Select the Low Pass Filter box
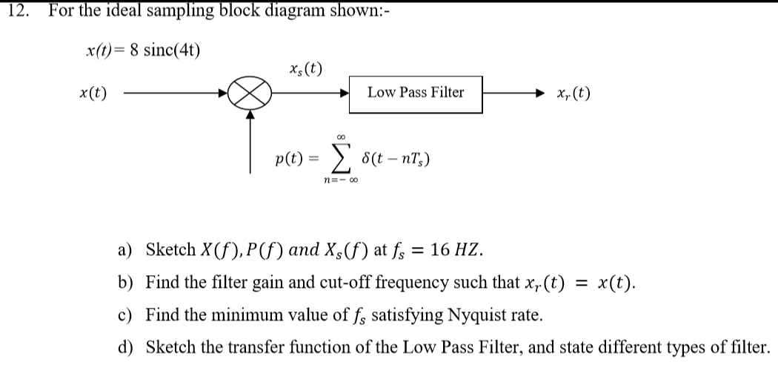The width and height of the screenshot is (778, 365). (x=416, y=93)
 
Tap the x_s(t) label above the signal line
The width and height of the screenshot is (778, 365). (x=306, y=70)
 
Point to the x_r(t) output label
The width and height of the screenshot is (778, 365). (x=573, y=93)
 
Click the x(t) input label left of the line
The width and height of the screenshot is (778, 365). (x=93, y=93)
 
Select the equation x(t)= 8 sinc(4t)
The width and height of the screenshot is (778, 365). (x=143, y=50)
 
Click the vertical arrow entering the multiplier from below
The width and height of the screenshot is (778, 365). (x=252, y=141)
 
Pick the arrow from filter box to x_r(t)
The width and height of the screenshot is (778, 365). (x=516, y=93)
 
